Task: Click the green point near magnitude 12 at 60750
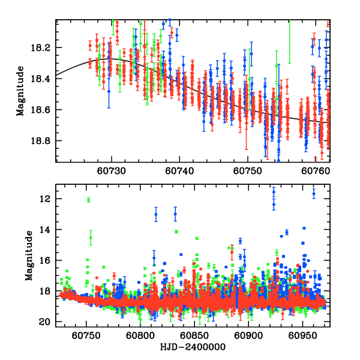tap(88, 200)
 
